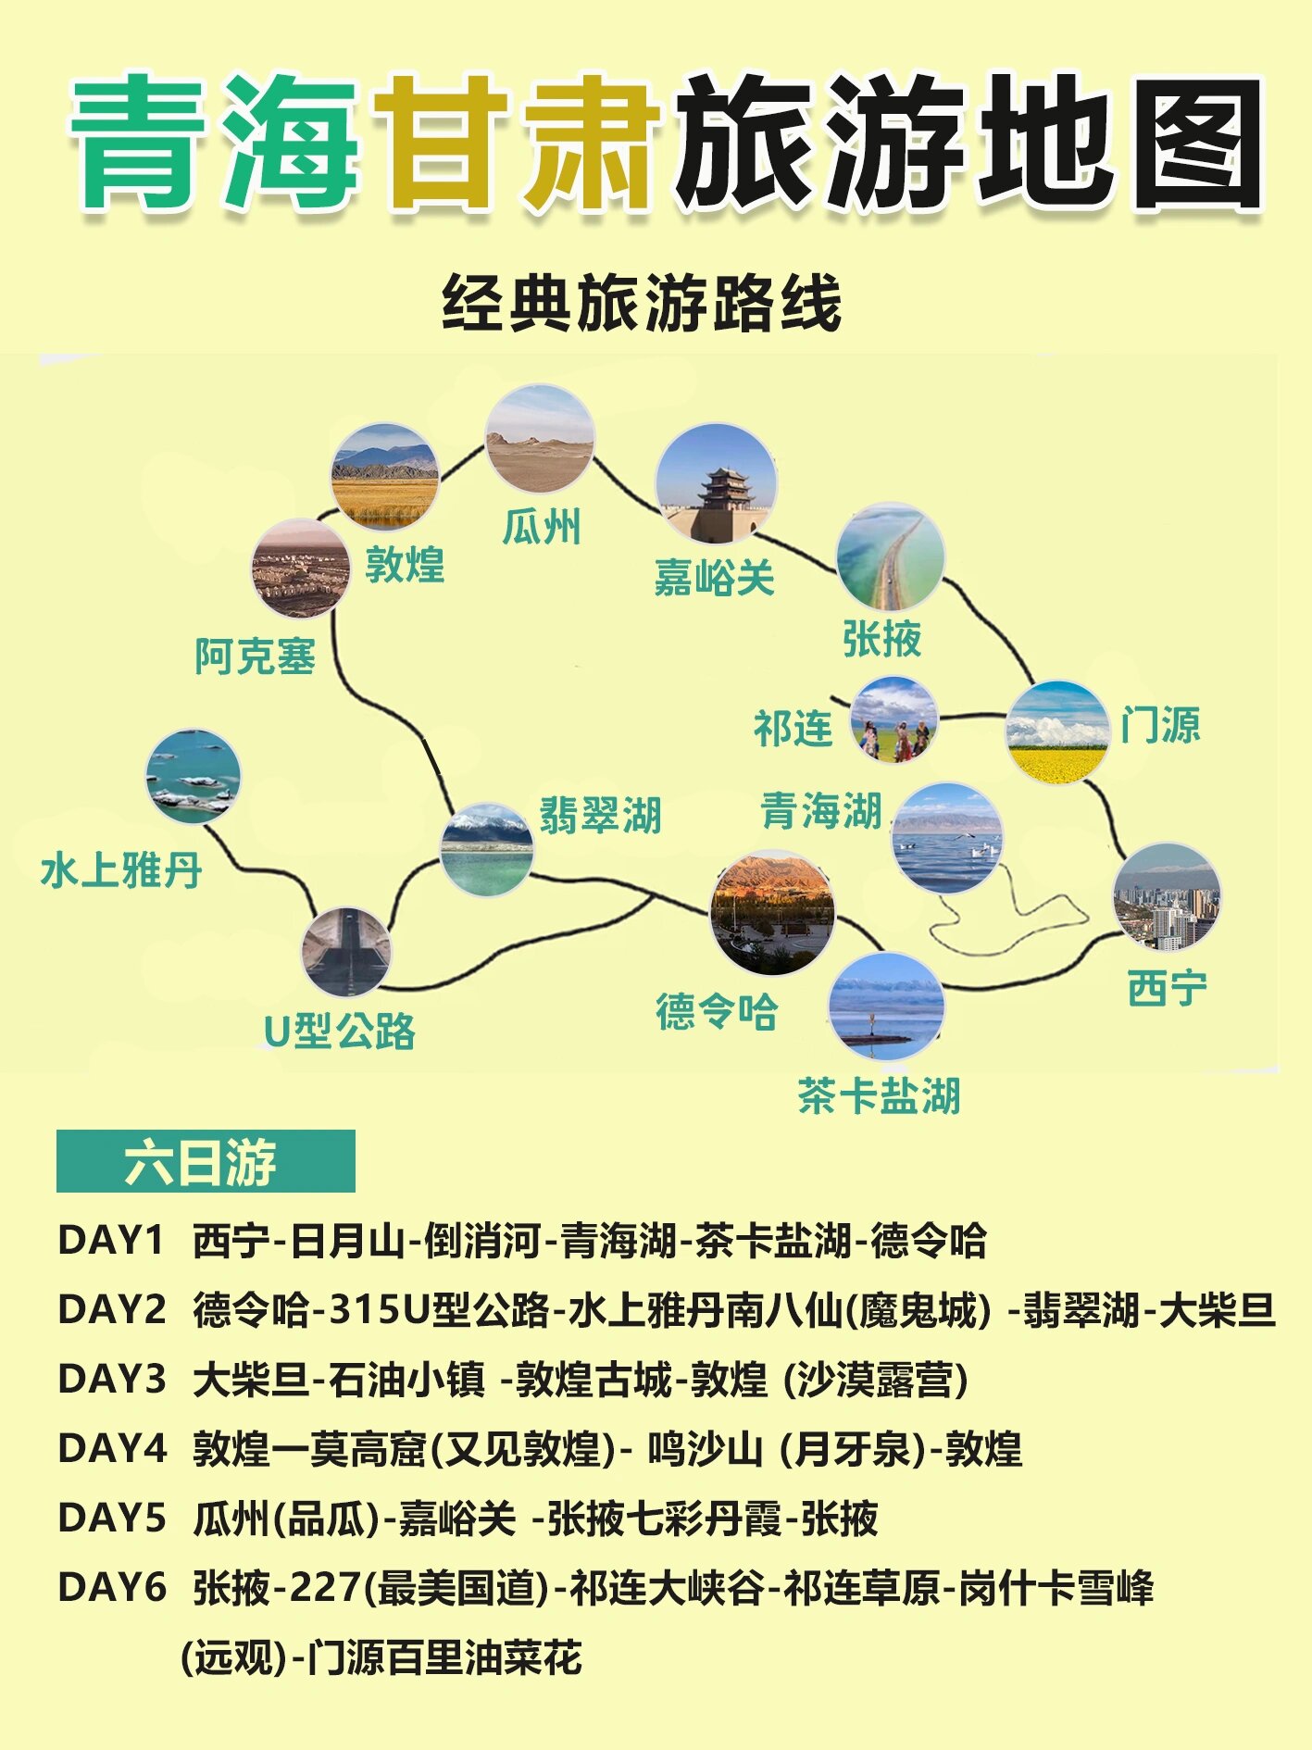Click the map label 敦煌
pyautogui.click(x=405, y=565)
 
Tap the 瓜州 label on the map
pyautogui.click(x=542, y=528)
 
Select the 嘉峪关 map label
pyautogui.click(x=714, y=579)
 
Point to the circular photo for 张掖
pyautogui.click(x=890, y=556)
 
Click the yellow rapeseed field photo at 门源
pyautogui.click(x=1056, y=731)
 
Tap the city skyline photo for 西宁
pyautogui.click(x=1166, y=897)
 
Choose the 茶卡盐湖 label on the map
pyautogui.click(x=879, y=1095)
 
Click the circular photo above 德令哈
pyautogui.click(x=772, y=913)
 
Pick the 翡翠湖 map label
pyautogui.click(x=600, y=816)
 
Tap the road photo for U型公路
pyautogui.click(x=346, y=951)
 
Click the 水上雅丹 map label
pyautogui.click(x=121, y=870)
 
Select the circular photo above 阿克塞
pyautogui.click(x=301, y=569)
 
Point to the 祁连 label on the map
pyautogui.click(x=793, y=729)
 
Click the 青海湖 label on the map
pyautogui.click(x=821, y=811)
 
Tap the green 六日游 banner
pyautogui.click(x=206, y=1161)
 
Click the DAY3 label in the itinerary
pyautogui.click(x=111, y=1379)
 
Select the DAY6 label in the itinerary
pyautogui.click(x=111, y=1587)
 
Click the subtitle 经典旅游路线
pyautogui.click(x=642, y=303)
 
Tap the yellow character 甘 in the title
pyautogui.click(x=439, y=141)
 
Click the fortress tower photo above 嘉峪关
pyautogui.click(x=716, y=483)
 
